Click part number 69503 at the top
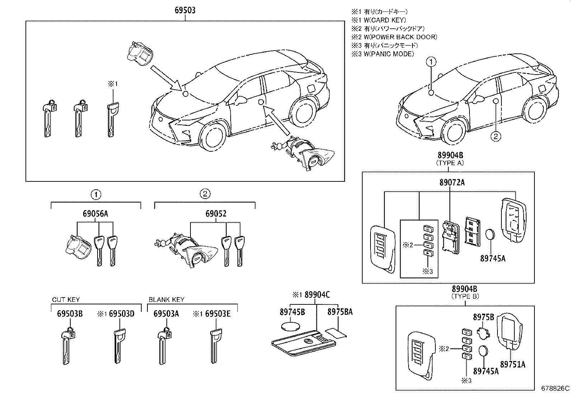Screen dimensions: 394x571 click(185, 10)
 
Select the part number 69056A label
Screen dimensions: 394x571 click(95, 214)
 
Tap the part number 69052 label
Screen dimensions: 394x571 click(216, 214)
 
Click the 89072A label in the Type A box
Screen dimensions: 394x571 click(451, 182)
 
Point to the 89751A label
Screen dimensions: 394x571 click(513, 364)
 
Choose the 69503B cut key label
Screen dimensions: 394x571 click(70, 314)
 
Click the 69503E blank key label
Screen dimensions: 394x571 click(217, 314)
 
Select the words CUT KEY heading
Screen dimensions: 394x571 click(66, 299)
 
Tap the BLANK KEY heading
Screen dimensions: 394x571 click(166, 299)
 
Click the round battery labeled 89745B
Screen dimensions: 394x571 click(290, 326)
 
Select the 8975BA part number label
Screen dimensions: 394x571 click(340, 312)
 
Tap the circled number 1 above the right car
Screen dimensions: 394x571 click(431, 62)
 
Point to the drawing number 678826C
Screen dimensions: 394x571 click(555, 388)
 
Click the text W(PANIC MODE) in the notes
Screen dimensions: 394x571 click(388, 54)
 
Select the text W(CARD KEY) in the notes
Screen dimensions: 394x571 click(384, 20)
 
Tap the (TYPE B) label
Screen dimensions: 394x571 click(465, 296)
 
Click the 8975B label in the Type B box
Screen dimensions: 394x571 click(483, 317)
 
